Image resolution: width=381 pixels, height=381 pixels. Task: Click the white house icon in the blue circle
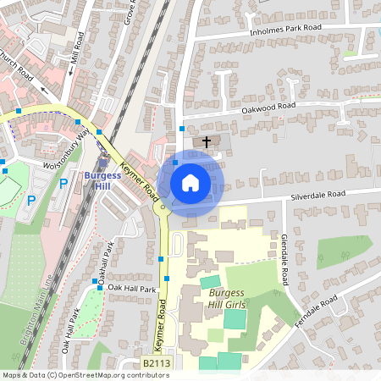(x=190, y=183)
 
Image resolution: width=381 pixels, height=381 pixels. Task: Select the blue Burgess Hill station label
(x=103, y=181)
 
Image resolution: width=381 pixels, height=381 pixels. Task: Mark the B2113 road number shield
(x=156, y=362)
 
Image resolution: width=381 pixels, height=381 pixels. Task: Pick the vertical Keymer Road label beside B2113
(x=158, y=327)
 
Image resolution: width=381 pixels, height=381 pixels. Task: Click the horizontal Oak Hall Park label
(x=132, y=289)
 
